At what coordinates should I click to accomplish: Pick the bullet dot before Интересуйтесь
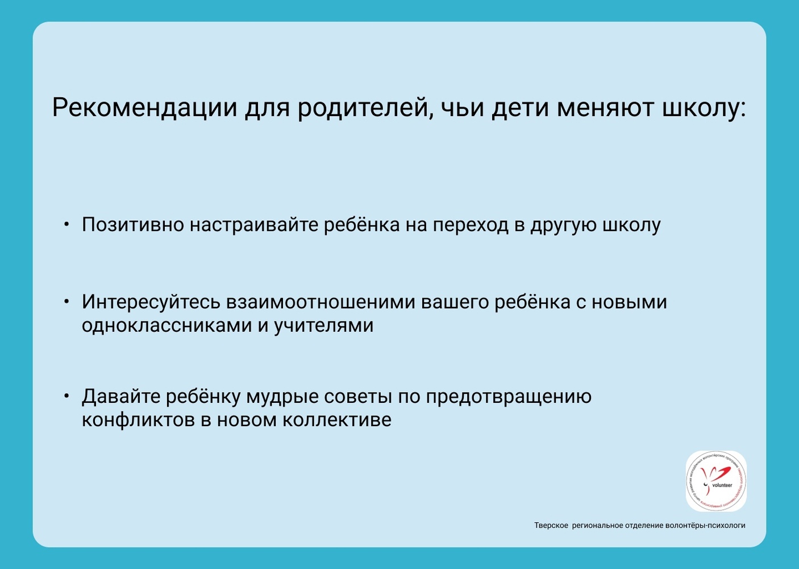(66, 302)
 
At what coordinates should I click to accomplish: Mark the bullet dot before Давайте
(66, 396)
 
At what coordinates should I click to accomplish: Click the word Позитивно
(133, 225)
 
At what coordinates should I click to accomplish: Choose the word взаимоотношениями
(320, 302)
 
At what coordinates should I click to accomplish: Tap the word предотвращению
(509, 397)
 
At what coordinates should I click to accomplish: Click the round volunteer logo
(715, 481)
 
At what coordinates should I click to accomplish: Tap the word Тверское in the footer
(551, 525)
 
